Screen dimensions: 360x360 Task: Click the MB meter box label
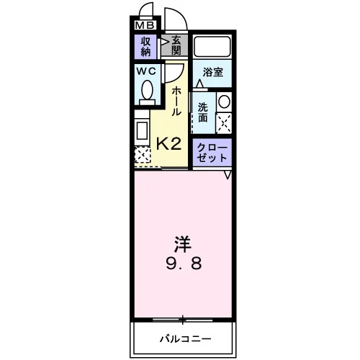pos(145,25)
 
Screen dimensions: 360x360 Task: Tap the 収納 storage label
pos(145,47)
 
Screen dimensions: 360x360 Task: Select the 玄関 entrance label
pos(176,45)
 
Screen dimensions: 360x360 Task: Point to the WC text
pos(146,71)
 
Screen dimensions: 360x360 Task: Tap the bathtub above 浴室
pos(212,47)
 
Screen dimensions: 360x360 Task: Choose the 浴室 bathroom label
pos(213,72)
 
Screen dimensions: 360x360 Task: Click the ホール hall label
pos(176,102)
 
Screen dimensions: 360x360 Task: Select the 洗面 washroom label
pos(203,112)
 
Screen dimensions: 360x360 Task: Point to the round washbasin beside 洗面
pos(224,102)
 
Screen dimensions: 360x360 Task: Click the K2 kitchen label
pos(168,144)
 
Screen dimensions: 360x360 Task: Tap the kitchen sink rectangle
pos(142,131)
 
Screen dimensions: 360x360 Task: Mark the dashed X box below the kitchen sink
pos(142,156)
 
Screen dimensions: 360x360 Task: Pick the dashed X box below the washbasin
pos(224,124)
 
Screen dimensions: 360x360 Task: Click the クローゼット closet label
pos(212,153)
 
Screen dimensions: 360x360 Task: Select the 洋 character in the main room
pos(183,244)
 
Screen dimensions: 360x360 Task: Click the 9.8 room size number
pos(184,263)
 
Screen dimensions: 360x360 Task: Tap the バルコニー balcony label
pos(186,339)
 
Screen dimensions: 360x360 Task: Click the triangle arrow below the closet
pos(228,175)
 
